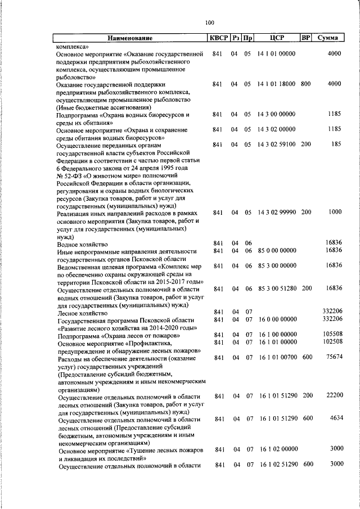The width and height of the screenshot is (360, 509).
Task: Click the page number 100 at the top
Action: (210, 22)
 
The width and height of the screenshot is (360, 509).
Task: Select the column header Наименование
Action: (130, 38)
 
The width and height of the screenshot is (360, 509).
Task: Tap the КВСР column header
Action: (218, 38)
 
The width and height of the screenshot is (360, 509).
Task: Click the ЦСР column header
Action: (276, 38)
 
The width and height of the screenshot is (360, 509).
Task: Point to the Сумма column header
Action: (327, 38)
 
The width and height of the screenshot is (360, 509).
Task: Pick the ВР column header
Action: (305, 38)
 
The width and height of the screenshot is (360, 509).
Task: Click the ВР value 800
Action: (305, 84)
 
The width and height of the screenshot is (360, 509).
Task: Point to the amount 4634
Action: (335, 418)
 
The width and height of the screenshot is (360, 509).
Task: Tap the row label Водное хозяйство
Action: (82, 244)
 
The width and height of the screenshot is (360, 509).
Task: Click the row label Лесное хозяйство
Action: (82, 312)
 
